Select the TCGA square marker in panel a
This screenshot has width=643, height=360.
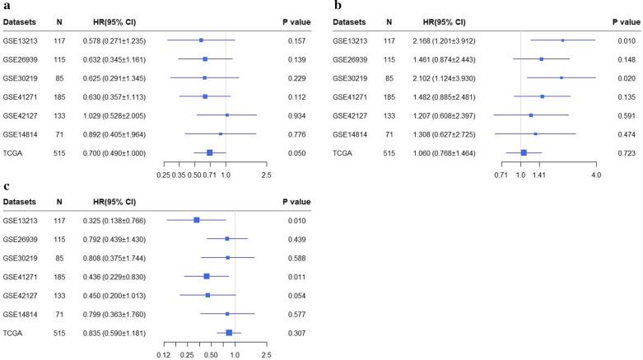[x=209, y=152]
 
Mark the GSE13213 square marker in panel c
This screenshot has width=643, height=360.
[x=196, y=220]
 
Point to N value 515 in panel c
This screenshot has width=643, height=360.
[x=59, y=333]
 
